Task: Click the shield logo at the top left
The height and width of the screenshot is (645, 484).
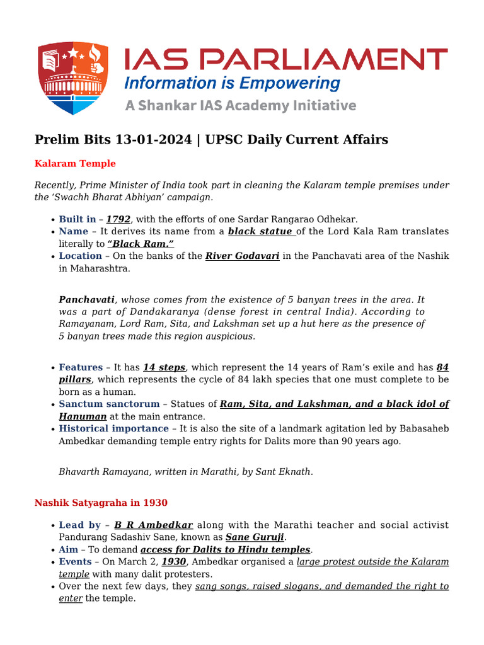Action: click(x=72, y=77)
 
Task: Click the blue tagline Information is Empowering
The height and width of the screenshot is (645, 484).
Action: click(x=232, y=83)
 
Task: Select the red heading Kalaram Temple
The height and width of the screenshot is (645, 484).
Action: click(x=75, y=164)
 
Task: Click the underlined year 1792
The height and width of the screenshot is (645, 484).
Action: click(x=118, y=219)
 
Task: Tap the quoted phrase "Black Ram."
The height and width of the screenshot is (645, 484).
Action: click(x=141, y=243)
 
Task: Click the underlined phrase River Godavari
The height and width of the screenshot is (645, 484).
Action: click(x=242, y=256)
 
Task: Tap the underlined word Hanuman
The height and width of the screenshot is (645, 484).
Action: click(x=83, y=416)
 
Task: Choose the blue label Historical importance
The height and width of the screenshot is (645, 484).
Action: click(x=113, y=428)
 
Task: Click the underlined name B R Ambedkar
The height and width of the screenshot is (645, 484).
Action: click(x=153, y=525)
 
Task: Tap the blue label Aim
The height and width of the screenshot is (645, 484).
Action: click(x=67, y=549)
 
